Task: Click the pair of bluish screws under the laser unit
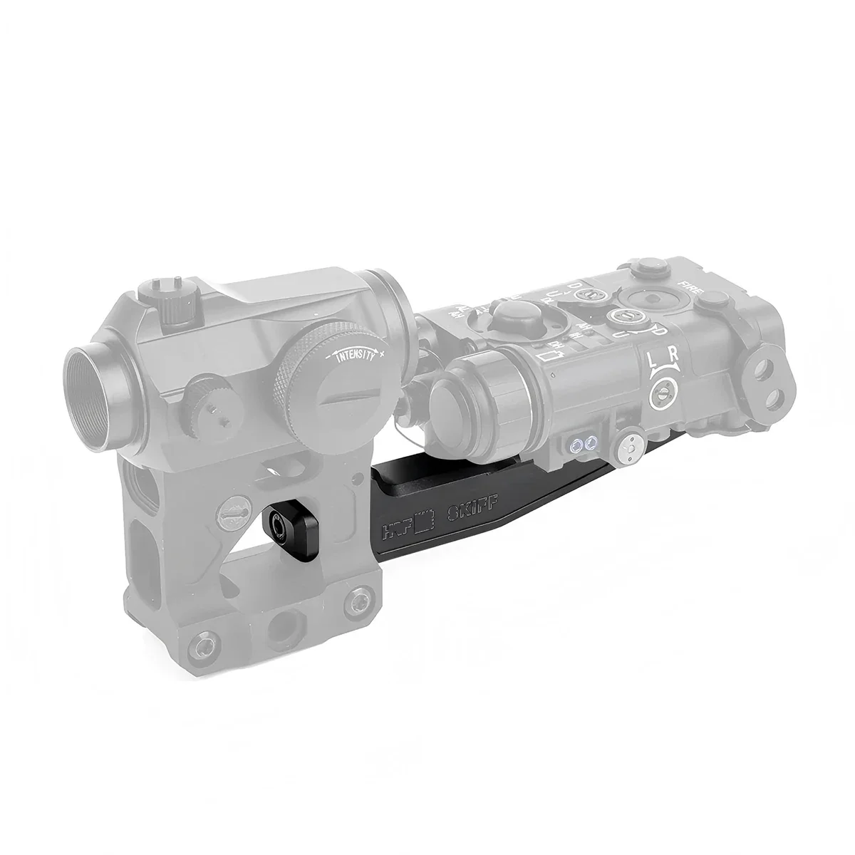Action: click(x=581, y=445)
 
